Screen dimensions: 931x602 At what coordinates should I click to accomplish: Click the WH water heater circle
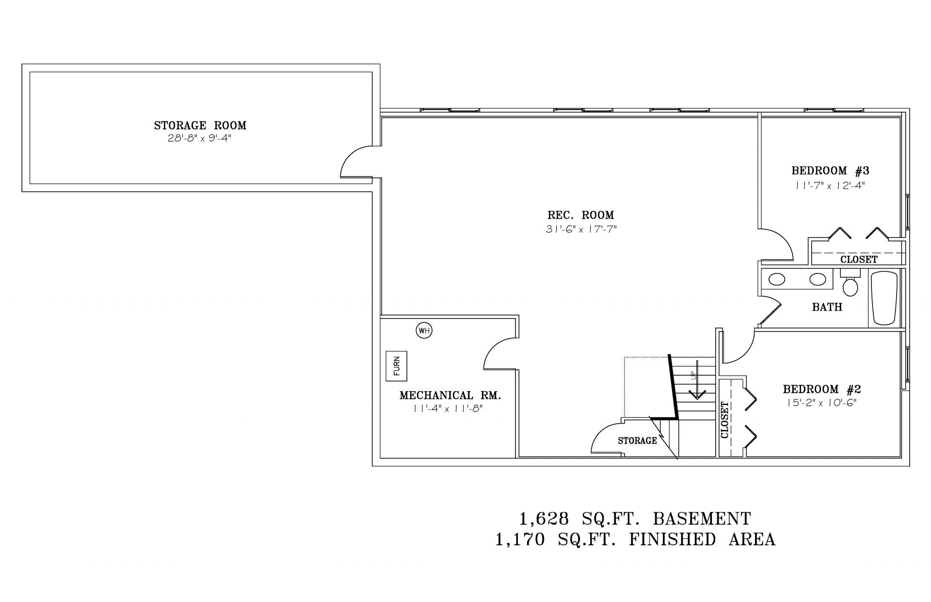[424, 331]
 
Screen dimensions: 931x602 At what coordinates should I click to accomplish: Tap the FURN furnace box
[397, 366]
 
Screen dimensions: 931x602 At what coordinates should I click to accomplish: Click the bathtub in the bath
[884, 298]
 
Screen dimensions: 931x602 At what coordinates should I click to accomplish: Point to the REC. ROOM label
[581, 215]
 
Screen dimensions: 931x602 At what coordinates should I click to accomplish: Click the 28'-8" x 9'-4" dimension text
[200, 139]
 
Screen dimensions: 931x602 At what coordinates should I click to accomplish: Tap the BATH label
[827, 307]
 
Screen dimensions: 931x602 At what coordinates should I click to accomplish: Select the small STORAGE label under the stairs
[637, 441]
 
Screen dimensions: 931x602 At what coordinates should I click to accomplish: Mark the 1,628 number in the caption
[544, 519]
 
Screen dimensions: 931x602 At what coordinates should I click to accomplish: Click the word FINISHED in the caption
[672, 539]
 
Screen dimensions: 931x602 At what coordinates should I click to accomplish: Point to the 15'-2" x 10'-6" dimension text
[821, 403]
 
